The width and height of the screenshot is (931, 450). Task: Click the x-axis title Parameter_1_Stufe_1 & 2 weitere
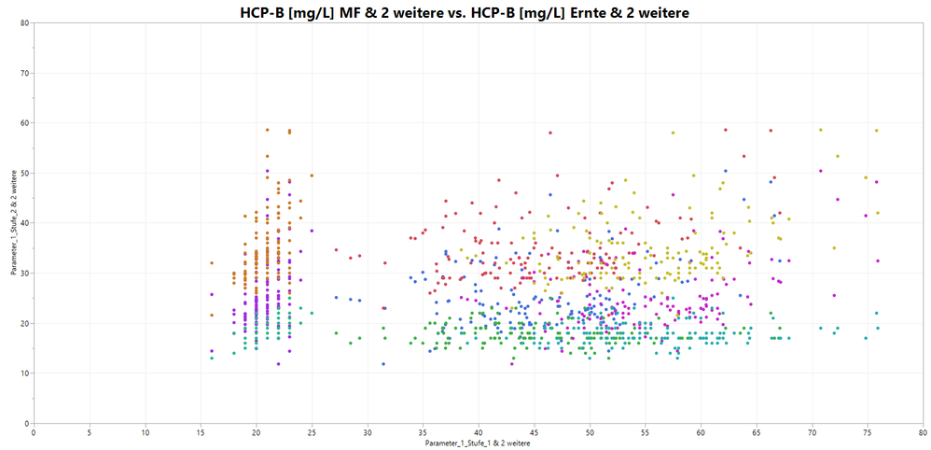478,443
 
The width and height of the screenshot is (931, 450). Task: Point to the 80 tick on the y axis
25,22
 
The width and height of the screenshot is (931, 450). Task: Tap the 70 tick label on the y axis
25,73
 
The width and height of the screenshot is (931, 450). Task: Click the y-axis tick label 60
25,123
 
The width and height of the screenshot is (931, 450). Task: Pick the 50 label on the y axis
25,173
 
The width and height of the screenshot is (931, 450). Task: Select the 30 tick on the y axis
25,274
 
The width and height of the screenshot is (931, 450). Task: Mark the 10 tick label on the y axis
25,373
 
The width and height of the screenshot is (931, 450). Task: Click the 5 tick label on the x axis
90,433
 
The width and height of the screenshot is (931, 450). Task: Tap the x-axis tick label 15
201,433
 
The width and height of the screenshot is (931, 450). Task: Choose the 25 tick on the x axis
312,433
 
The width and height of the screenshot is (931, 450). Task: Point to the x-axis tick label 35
423,433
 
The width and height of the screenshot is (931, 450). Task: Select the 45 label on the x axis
534,433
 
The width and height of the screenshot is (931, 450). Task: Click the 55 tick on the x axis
645,433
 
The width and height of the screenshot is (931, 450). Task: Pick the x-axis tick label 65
757,433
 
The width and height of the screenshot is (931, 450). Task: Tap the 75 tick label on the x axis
868,433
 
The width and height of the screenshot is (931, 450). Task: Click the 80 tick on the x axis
923,433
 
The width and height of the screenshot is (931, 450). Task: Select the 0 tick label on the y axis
27,424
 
